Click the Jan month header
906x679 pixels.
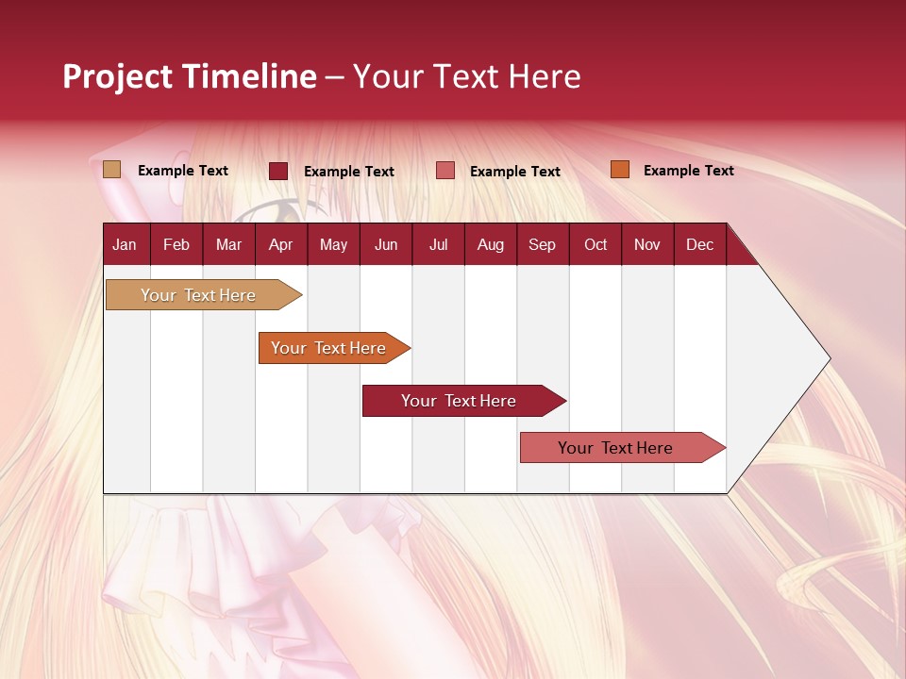click(125, 244)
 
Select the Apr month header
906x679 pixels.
click(280, 244)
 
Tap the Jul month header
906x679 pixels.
click(438, 244)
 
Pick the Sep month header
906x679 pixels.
click(542, 244)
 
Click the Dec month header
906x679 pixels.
click(699, 244)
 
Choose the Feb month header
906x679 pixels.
click(176, 244)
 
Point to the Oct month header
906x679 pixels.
click(596, 244)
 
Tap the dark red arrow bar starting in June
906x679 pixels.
click(460, 401)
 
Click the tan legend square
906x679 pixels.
click(112, 170)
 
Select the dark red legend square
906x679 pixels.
click(278, 171)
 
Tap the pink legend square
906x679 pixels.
click(445, 171)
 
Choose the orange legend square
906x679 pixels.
click(620, 170)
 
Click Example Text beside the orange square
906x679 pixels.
click(688, 171)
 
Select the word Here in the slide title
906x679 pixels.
click(545, 76)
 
